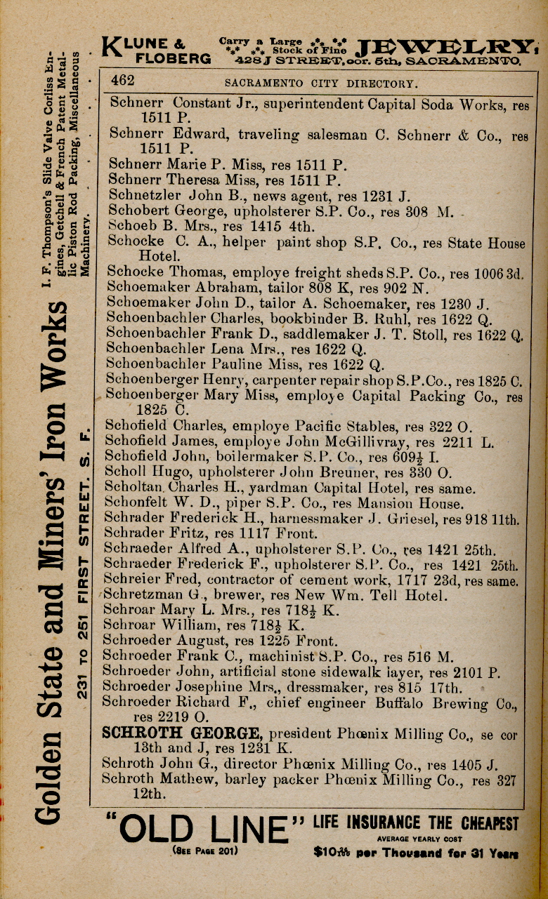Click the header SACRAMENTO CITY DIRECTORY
click(x=320, y=84)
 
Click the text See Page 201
click(x=204, y=852)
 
